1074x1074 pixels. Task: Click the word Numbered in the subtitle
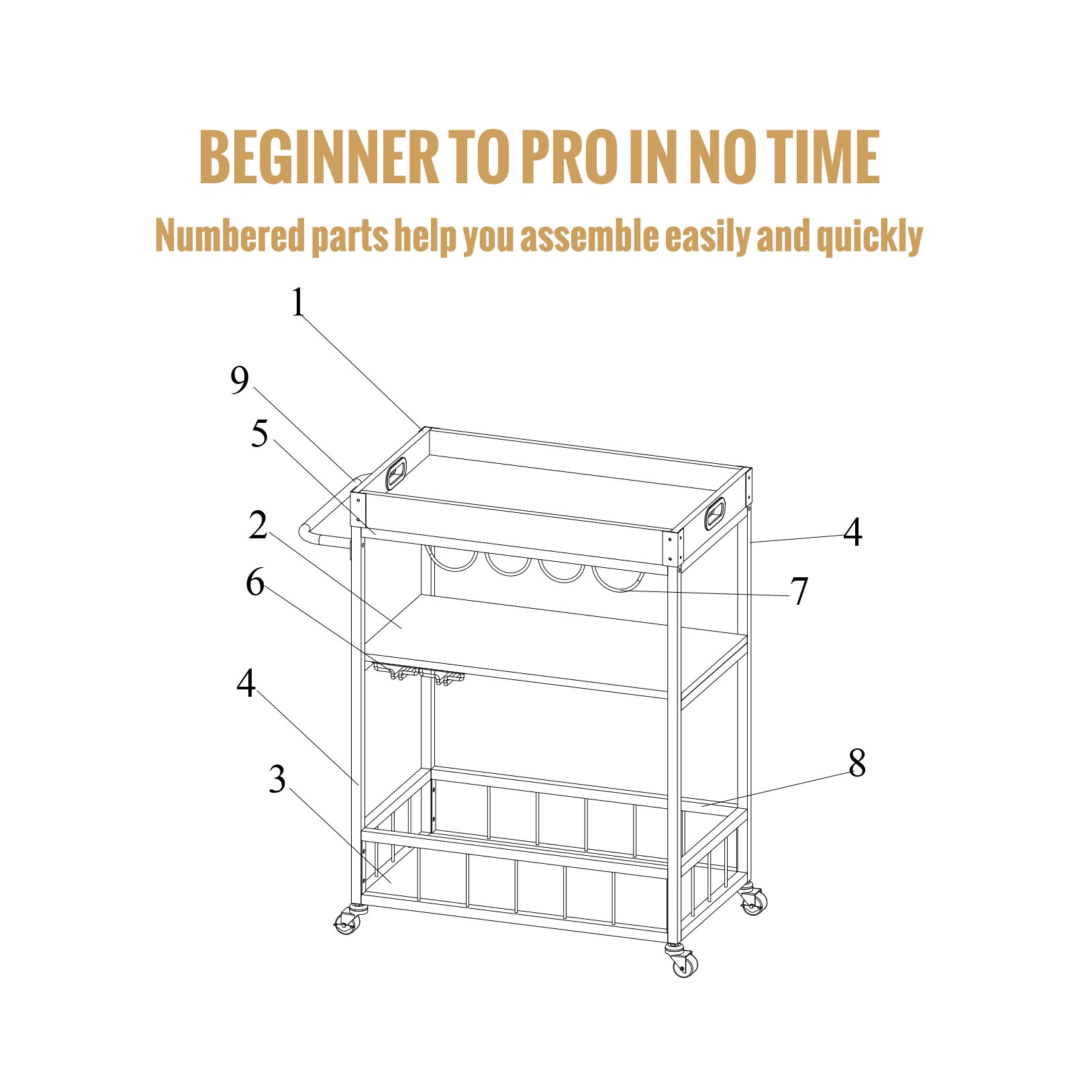[x=230, y=236]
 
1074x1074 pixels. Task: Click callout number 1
[x=298, y=303]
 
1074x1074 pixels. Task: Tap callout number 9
[x=240, y=381]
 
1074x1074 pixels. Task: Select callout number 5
[x=260, y=434]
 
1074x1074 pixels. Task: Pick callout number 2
[x=258, y=525]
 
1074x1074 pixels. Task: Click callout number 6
[x=255, y=582]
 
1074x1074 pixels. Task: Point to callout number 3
[x=277, y=779]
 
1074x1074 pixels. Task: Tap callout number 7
[x=799, y=591]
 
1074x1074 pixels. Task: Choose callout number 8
[x=857, y=763]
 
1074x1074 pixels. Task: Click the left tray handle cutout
[x=396, y=473]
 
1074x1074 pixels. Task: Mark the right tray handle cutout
[x=714, y=514]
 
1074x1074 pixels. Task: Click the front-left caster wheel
[x=346, y=924]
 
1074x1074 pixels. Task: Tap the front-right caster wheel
[x=684, y=964]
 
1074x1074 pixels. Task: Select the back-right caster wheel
[x=753, y=902]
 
